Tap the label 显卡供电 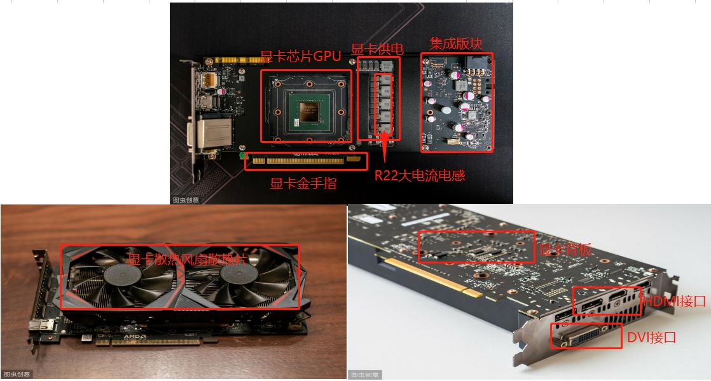pos(378,50)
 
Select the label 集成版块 pos(456,43)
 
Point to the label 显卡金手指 pos(303,184)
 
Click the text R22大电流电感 pos(419,176)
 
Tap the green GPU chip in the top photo pos(308,111)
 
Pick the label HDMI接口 pos(673,301)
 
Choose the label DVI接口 pos(651,337)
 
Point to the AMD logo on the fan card pos(135,337)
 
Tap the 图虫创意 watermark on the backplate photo pos(365,375)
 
